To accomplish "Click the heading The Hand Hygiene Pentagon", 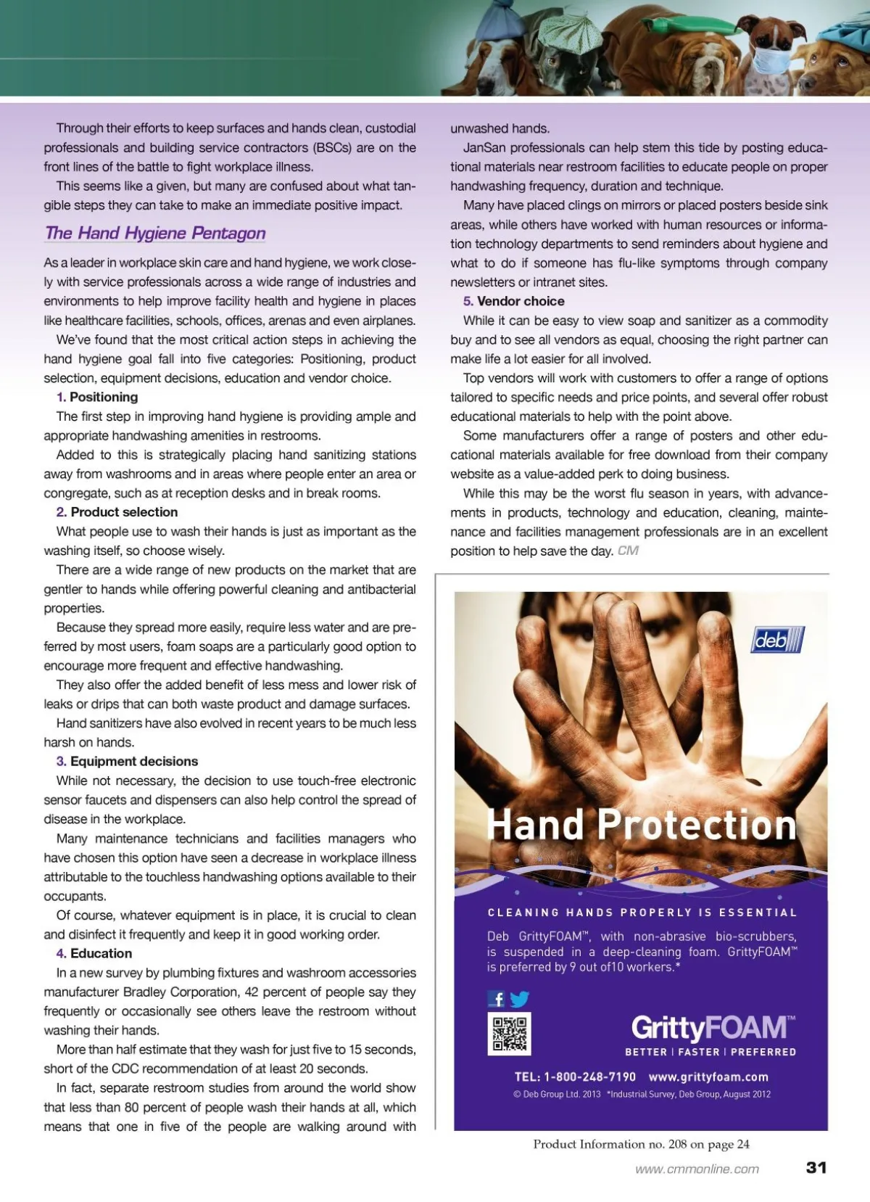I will tap(155, 233).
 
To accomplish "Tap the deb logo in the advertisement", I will tap(778, 640).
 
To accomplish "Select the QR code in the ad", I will tap(510, 1034).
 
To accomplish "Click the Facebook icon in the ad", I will tap(497, 999).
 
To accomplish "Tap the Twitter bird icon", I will tap(520, 999).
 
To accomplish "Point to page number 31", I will tap(816, 1167).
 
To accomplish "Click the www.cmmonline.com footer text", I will tap(697, 1169).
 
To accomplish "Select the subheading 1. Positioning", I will tap(97, 397).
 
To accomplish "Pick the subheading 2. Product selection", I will tap(117, 512).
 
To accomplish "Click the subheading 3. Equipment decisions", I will tap(127, 761).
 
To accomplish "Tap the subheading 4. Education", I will tap(94, 953).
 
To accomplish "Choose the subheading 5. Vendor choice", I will tap(513, 301).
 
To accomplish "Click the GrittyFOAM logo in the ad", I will tap(713, 1028).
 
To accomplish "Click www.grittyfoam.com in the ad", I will tap(708, 1077).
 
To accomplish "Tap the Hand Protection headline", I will tap(642, 825).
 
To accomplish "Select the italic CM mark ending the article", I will tap(628, 551).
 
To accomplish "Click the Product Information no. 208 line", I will tap(641, 1144).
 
